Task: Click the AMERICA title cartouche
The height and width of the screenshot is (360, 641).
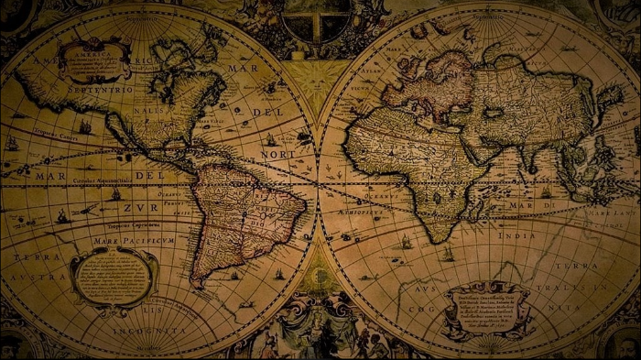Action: click(94, 59)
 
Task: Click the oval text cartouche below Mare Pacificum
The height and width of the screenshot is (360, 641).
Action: click(114, 276)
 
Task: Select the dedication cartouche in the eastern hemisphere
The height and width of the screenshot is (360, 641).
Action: click(487, 309)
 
